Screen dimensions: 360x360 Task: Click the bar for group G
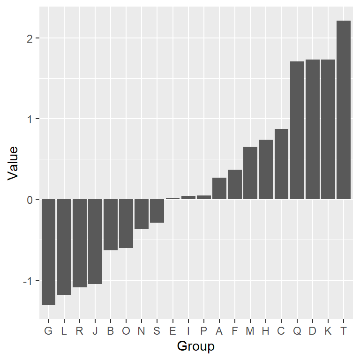click(x=48, y=252)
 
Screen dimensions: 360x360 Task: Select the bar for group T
click(x=344, y=110)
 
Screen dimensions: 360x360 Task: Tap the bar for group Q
click(x=297, y=130)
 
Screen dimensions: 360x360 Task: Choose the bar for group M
click(x=250, y=173)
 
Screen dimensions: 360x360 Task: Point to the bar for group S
click(x=157, y=211)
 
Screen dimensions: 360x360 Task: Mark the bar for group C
click(x=281, y=164)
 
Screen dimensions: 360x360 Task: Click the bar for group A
click(x=219, y=188)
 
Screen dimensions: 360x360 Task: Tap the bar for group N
click(x=142, y=214)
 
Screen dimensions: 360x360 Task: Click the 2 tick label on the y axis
click(x=30, y=38)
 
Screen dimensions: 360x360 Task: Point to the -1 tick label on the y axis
click(x=28, y=281)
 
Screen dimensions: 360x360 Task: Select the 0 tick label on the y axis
click(x=30, y=200)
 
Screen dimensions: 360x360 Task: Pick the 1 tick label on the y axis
click(x=30, y=119)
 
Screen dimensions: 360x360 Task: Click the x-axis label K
click(x=328, y=331)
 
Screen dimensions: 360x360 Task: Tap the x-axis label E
click(x=172, y=331)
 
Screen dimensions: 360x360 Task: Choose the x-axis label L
click(x=64, y=331)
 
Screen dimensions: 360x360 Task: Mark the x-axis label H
click(x=266, y=331)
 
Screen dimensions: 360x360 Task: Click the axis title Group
click(x=196, y=347)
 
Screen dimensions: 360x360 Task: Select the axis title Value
click(x=13, y=163)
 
